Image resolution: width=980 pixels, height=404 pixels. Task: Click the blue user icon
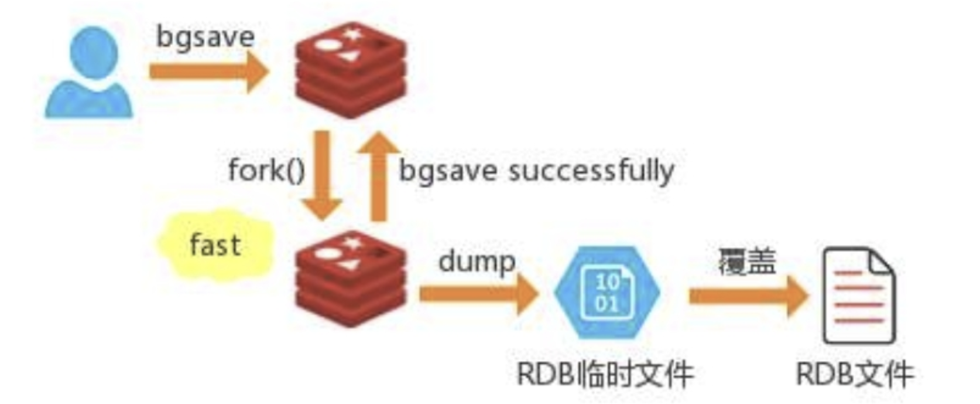click(x=89, y=73)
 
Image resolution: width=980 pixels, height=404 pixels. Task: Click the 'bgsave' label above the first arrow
click(x=205, y=38)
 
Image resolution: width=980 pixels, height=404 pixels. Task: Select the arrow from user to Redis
click(x=208, y=72)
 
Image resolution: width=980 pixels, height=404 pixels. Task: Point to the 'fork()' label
click(x=266, y=171)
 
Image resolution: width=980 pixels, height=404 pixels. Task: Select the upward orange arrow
click(x=379, y=176)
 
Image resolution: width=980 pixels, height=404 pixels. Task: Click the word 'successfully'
click(x=591, y=171)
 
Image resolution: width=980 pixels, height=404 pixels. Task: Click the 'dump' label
click(x=477, y=261)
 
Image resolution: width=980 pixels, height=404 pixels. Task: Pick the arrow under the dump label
click(x=478, y=293)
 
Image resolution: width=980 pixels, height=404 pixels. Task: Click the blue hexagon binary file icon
click(x=607, y=292)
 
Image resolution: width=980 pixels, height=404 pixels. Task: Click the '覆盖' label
click(x=747, y=262)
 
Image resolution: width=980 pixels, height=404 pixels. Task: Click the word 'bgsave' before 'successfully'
click(x=448, y=171)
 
